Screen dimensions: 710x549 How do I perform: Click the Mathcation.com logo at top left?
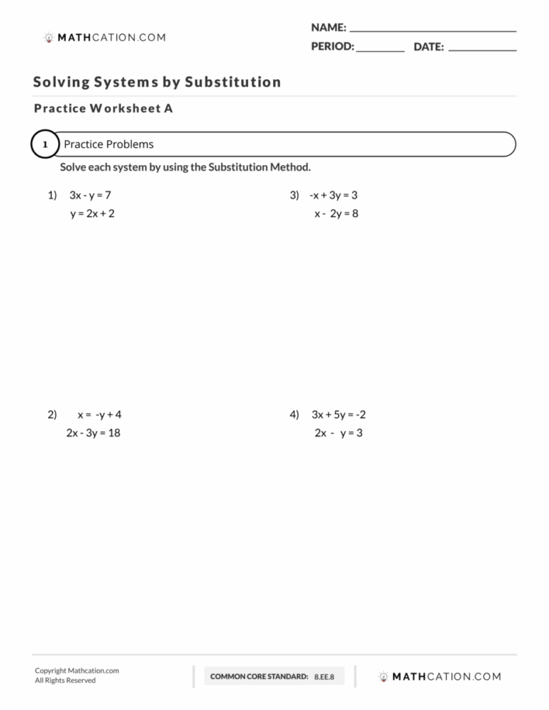pos(104,37)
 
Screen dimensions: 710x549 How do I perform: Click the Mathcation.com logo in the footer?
pos(440,676)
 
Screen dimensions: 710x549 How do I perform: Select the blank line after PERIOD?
pos(380,50)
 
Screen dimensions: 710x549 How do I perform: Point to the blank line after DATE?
pos(483,50)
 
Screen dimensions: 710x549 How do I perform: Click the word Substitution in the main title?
pos(232,82)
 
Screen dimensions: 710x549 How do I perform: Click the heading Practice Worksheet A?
pos(103,109)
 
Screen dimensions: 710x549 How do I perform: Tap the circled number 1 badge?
pos(44,145)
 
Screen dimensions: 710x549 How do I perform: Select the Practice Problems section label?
pos(109,144)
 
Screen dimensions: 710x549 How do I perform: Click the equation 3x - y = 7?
pos(90,195)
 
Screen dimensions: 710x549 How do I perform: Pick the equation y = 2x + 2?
pos(91,214)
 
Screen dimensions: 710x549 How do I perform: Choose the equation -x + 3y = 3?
pos(333,195)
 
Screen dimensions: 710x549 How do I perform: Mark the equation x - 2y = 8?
pos(336,214)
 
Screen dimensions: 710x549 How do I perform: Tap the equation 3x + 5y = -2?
pos(339,414)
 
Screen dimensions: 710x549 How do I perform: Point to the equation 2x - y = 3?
pos(338,433)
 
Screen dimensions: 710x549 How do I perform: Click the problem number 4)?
pos(295,414)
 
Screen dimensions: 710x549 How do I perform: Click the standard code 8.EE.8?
pos(324,676)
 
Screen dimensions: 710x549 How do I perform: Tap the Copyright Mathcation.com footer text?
pos(76,671)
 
